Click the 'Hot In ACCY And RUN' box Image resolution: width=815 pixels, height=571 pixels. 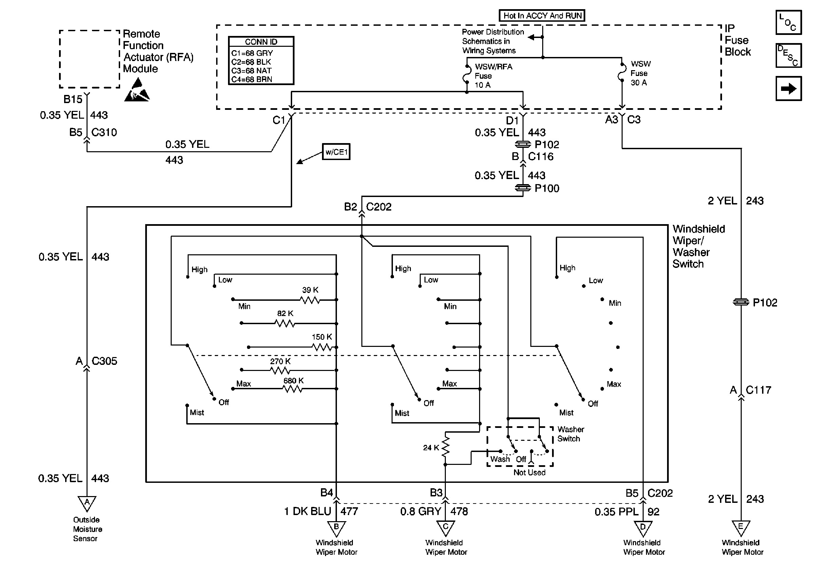(542, 16)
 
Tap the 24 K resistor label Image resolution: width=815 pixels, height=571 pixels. (431, 448)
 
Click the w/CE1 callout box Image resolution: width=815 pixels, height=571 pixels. (336, 152)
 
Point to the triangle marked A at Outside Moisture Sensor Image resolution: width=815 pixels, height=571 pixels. (87, 503)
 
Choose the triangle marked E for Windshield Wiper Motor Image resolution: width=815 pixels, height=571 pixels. (741, 527)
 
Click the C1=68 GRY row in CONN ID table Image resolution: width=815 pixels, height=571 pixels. (252, 53)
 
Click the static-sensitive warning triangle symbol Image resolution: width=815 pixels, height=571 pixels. (137, 91)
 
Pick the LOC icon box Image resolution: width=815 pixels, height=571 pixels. (789, 22)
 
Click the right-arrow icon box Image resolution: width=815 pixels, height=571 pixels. (789, 88)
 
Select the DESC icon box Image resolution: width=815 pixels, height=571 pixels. (789, 56)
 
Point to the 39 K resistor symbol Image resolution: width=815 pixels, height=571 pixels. (310, 300)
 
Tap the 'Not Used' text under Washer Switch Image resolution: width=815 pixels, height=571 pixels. (529, 472)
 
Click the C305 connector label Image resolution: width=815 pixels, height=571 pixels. (104, 361)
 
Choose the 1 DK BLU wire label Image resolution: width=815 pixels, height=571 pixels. (307, 511)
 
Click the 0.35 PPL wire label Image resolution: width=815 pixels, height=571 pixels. (616, 512)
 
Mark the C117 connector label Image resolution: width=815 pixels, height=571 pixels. (759, 390)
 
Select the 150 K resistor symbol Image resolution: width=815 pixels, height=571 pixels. (322, 347)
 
